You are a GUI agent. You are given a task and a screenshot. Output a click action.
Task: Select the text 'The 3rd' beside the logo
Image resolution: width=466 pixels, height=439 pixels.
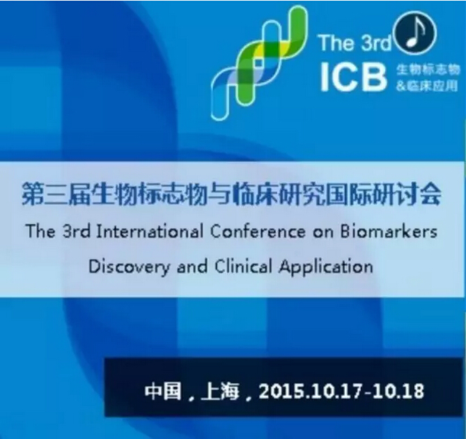pos(355,43)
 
